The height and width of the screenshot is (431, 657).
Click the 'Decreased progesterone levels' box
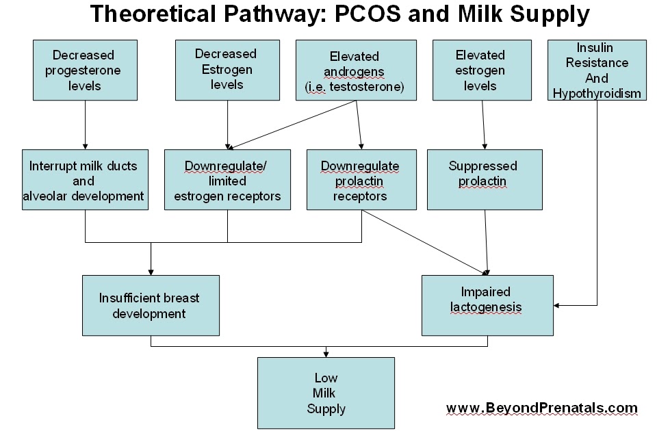click(x=85, y=70)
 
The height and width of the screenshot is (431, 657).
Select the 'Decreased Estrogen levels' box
click(x=227, y=70)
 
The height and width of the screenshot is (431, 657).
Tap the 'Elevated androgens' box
click(x=356, y=70)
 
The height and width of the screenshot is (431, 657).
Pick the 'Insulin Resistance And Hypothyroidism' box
click(x=597, y=70)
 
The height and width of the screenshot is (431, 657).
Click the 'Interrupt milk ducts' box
click(x=85, y=180)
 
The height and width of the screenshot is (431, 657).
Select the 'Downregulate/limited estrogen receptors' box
click(x=227, y=180)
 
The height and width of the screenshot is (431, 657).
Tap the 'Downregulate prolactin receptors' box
click(x=361, y=180)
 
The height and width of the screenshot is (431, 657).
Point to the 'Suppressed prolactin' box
click(x=485, y=180)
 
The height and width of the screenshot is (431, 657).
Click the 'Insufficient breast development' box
click(x=151, y=305)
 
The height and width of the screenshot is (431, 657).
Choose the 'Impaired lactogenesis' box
click(x=487, y=305)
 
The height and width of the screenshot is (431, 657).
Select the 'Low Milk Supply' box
click(x=326, y=393)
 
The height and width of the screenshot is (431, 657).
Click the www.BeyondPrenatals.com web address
click(x=541, y=408)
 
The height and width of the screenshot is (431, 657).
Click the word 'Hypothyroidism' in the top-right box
click(x=597, y=93)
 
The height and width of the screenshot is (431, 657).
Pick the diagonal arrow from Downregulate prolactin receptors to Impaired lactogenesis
click(x=424, y=239)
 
